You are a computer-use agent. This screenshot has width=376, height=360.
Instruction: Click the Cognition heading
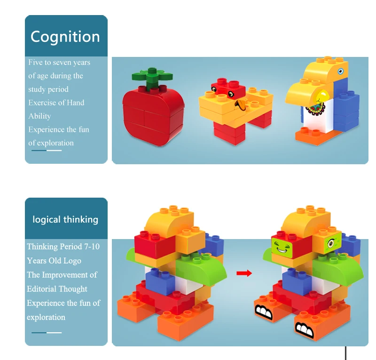click(x=65, y=37)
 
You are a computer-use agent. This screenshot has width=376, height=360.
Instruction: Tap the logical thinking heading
click(x=65, y=219)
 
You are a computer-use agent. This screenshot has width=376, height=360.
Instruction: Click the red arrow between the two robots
click(x=244, y=273)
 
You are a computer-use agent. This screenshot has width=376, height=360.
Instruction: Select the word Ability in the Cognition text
click(x=39, y=116)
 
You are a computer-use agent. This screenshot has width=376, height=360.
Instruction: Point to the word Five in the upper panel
click(x=35, y=63)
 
